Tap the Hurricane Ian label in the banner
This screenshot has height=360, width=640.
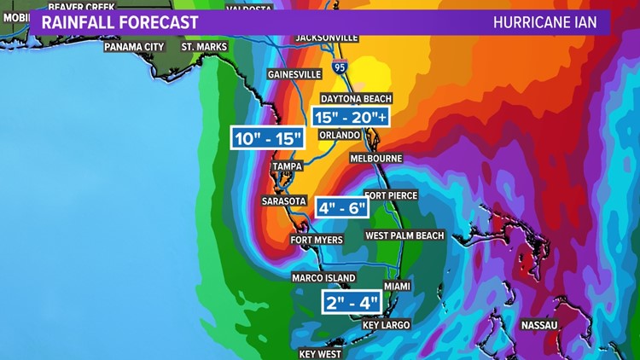545,22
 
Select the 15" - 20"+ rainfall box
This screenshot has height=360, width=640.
351,117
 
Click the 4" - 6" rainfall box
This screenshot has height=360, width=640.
341,207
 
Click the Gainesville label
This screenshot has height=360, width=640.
294,74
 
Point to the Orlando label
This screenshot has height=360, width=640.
337,135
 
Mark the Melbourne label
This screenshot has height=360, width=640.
375,159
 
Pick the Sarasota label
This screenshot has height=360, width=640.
284,201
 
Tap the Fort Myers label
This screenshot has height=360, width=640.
317,240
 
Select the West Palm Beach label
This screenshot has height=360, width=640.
404,235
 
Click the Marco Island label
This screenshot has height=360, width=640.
324,278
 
